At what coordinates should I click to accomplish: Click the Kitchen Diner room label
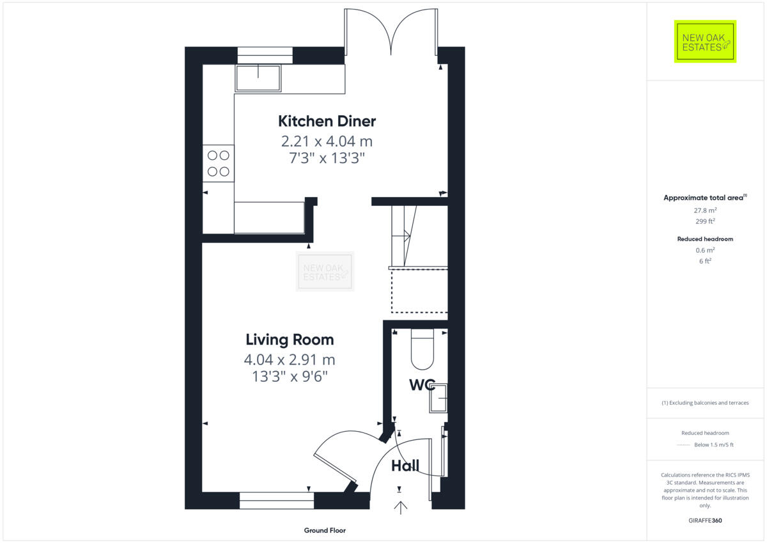tap(327, 121)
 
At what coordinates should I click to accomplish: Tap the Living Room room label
tap(290, 340)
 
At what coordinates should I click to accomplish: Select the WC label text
tap(422, 385)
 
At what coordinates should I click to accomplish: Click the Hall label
tap(405, 466)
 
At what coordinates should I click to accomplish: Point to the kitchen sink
tap(258, 77)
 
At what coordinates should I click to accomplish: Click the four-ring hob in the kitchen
tap(219, 163)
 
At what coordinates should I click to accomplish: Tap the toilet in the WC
tap(422, 350)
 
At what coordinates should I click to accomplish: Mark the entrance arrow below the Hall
tap(401, 508)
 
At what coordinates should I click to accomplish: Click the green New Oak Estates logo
tap(705, 42)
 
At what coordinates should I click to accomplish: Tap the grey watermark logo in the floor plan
tap(325, 272)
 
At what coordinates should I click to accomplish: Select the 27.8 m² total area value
tap(705, 210)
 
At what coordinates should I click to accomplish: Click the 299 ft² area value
tap(705, 221)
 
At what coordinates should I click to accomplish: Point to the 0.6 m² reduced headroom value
tap(705, 250)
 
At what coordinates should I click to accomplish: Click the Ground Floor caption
tap(325, 530)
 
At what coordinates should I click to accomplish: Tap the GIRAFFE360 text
tap(705, 521)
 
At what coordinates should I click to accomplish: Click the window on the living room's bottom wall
tap(277, 500)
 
